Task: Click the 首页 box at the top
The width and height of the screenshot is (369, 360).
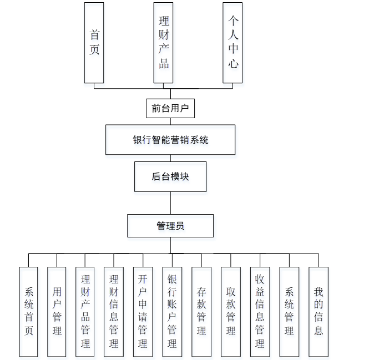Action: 94,43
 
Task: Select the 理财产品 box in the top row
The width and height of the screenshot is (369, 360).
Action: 164,43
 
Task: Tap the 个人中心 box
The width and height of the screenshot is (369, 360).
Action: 233,43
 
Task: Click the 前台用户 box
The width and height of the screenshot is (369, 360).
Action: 170,108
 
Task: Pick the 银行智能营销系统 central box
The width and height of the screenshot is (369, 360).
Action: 170,140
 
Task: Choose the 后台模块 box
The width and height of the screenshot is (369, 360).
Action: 170,177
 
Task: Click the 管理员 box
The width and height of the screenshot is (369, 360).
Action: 170,226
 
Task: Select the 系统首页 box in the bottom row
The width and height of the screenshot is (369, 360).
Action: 29,311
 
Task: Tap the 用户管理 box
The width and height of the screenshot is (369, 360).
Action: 57,311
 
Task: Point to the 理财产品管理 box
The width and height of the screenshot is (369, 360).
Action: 85,311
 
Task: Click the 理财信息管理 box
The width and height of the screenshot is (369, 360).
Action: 114,311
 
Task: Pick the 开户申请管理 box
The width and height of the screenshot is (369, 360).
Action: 143,311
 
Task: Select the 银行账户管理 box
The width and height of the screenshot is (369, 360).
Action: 171,311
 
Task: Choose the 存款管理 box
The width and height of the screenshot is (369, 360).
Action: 201,311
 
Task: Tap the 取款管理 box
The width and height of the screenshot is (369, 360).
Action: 230,311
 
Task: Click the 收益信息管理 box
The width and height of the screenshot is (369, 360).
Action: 260,311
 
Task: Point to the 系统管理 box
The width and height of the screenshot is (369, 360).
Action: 289,311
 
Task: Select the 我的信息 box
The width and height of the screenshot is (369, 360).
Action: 319,311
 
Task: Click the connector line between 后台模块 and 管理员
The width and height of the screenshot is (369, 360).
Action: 170,203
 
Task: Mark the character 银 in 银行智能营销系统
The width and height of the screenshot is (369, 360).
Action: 138,140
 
